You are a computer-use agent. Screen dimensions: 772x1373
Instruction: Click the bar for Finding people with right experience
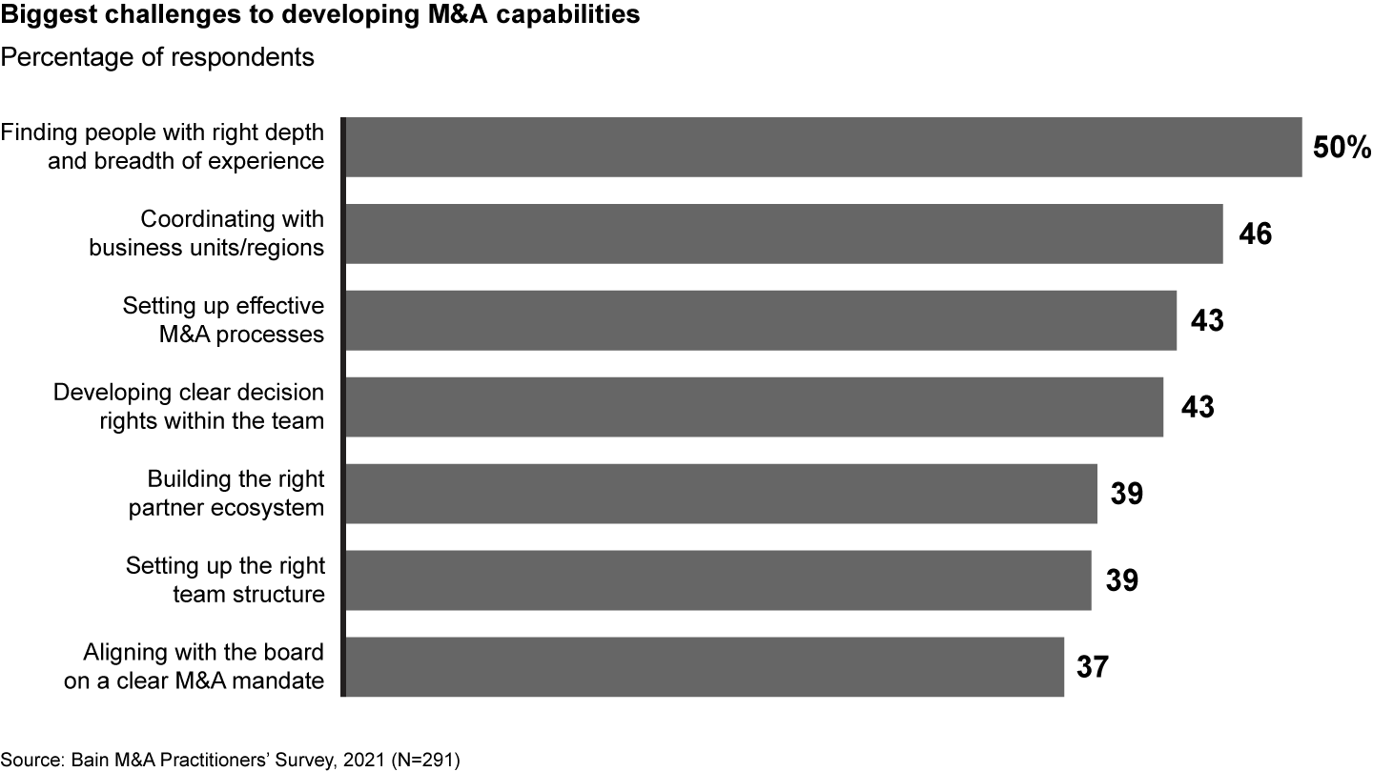point(822,147)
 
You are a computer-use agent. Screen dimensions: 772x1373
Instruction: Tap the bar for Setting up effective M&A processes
point(760,320)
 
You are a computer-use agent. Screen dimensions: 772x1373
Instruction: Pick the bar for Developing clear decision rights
point(753,407)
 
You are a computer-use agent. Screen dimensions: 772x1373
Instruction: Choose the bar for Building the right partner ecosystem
point(721,494)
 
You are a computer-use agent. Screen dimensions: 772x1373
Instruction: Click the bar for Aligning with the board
point(704,667)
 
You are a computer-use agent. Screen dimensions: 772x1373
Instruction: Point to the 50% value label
point(1342,148)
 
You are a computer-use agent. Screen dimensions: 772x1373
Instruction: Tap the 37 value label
point(1093,667)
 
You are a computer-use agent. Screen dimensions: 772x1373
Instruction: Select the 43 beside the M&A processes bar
point(1206,321)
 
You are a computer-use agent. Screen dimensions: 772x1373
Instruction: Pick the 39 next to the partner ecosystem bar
point(1126,494)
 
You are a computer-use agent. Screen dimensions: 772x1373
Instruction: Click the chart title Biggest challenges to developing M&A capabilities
point(319,18)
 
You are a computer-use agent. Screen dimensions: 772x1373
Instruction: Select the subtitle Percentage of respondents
point(157,57)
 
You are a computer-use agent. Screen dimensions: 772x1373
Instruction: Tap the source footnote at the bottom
point(230,760)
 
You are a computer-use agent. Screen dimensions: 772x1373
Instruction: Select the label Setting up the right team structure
point(225,580)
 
